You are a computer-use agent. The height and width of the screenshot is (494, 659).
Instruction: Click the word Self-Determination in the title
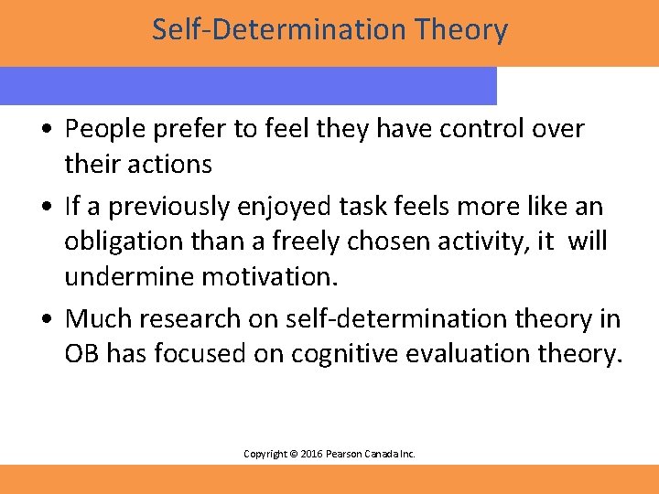(x=265, y=30)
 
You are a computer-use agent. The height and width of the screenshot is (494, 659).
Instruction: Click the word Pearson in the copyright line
(x=348, y=454)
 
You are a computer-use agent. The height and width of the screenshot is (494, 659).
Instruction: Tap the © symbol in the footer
(x=294, y=454)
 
